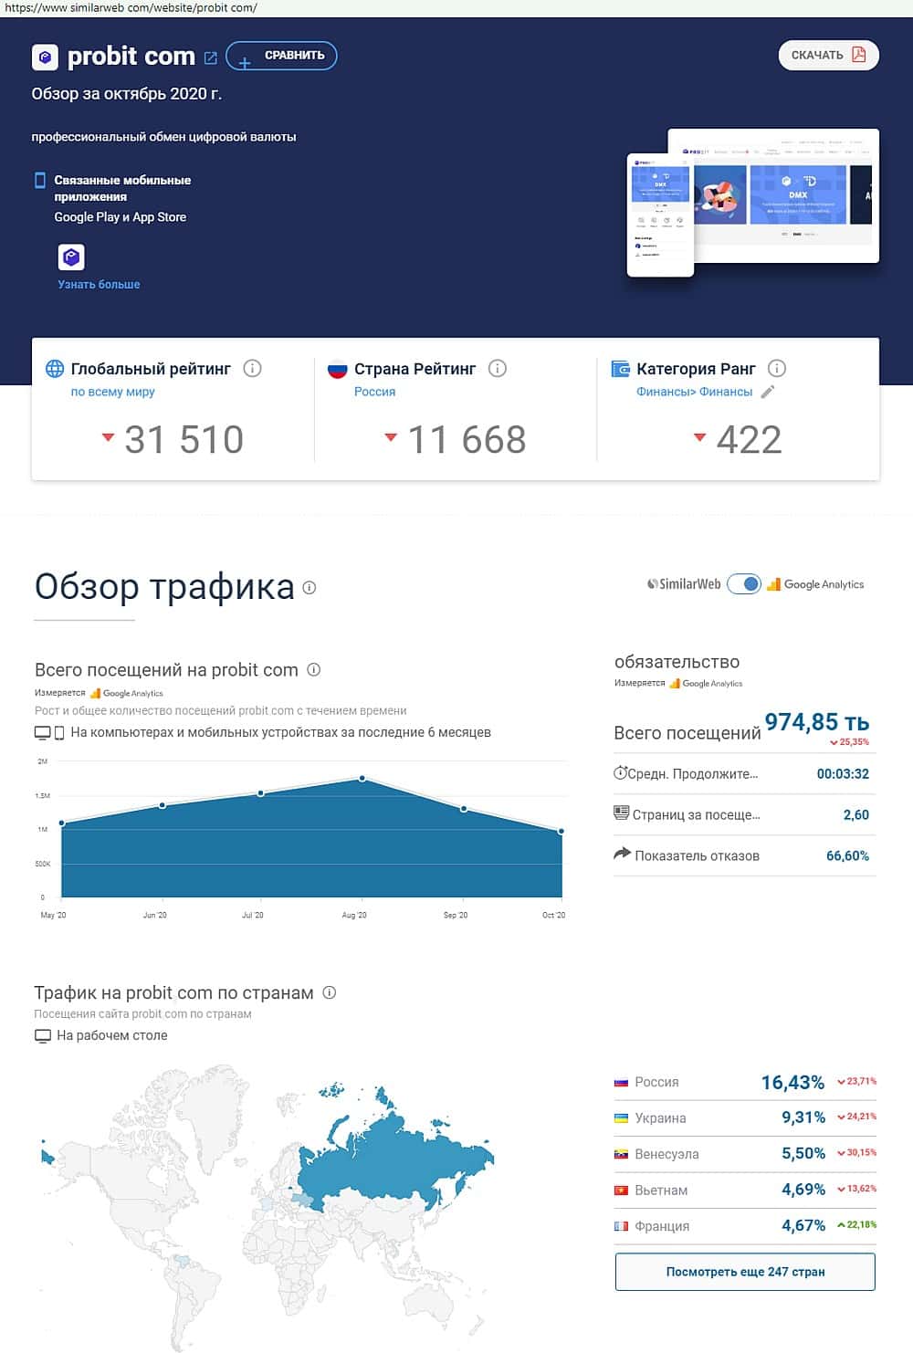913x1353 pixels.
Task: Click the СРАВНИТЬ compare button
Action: pyautogui.click(x=281, y=56)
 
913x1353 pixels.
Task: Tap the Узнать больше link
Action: pyautogui.click(x=99, y=285)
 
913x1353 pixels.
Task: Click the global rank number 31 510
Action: pyautogui.click(x=184, y=440)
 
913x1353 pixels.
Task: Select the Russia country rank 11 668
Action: pyautogui.click(x=467, y=440)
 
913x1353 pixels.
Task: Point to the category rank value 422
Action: pyautogui.click(x=749, y=440)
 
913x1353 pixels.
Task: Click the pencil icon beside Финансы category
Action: pyautogui.click(x=768, y=392)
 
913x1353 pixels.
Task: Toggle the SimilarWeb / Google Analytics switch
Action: pyautogui.click(x=744, y=584)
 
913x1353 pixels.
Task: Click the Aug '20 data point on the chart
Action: pyautogui.click(x=362, y=779)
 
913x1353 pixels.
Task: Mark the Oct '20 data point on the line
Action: pyautogui.click(x=561, y=831)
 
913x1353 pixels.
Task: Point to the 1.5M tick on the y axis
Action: pyautogui.click(x=42, y=796)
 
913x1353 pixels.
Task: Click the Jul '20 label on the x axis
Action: pyautogui.click(x=253, y=915)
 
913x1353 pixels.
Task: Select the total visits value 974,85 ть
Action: pyautogui.click(x=816, y=722)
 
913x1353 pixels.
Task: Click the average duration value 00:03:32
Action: pyautogui.click(x=842, y=774)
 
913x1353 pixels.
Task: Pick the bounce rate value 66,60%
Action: pyautogui.click(x=847, y=856)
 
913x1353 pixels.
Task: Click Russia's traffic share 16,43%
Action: pyautogui.click(x=792, y=1083)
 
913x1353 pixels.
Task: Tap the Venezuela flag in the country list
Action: pyautogui.click(x=621, y=1155)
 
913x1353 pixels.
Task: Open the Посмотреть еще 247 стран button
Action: pyautogui.click(x=745, y=1272)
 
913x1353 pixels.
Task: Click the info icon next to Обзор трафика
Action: pyautogui.click(x=310, y=588)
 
